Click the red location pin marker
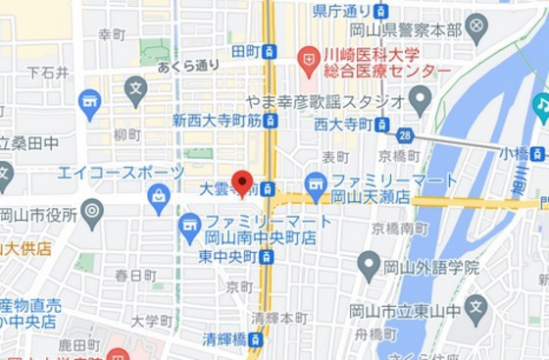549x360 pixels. tap(241, 182)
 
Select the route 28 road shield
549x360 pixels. tap(405, 135)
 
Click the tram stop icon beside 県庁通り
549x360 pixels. tap(380, 12)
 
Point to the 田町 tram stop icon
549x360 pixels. tap(269, 51)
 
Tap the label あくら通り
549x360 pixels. tap(188, 66)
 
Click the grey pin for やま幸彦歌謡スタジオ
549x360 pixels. tap(420, 99)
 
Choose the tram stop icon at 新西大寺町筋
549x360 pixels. tap(271, 121)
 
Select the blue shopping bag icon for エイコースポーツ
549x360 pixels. tap(158, 196)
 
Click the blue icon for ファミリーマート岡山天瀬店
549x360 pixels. tap(316, 183)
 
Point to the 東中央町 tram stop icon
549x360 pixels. tap(266, 257)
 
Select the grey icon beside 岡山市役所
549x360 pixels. tap(92, 209)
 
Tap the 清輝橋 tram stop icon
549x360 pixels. tap(256, 339)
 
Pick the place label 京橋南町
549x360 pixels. tap(399, 228)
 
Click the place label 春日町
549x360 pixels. tap(135, 276)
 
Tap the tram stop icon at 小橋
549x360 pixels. tap(537, 153)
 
